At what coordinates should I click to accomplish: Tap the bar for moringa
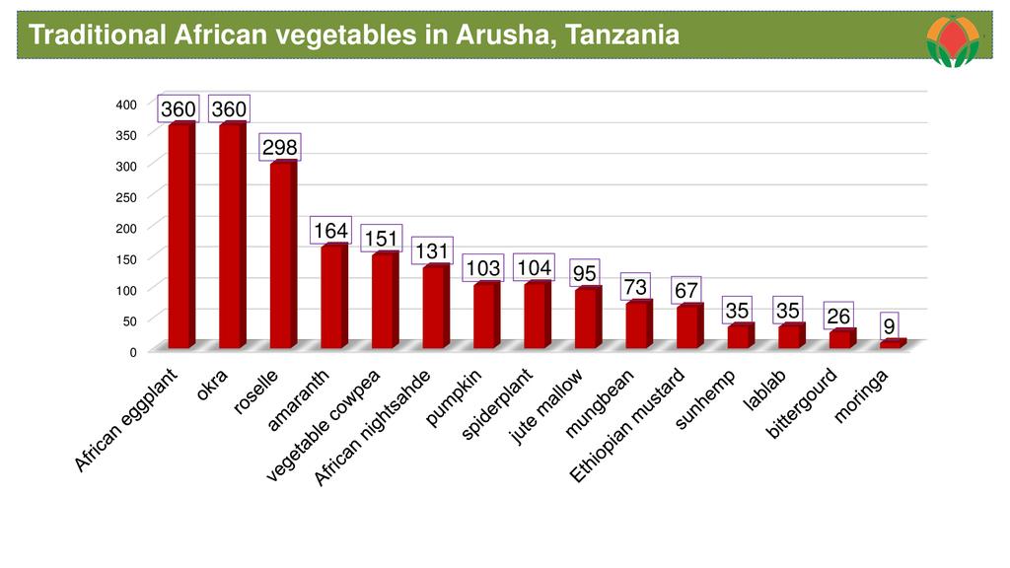click(x=892, y=344)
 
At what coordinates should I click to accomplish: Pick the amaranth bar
click(x=333, y=296)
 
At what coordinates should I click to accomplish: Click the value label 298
click(x=278, y=147)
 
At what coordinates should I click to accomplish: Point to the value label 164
click(x=330, y=231)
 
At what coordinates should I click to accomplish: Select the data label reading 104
click(x=534, y=267)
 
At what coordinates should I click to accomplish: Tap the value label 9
click(x=889, y=324)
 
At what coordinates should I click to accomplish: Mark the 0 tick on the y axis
click(x=131, y=351)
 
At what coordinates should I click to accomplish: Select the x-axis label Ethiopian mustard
click(x=626, y=426)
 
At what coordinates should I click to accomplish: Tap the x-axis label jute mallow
click(x=547, y=406)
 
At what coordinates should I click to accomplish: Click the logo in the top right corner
click(x=953, y=41)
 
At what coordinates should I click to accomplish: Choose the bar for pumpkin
click(x=485, y=316)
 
